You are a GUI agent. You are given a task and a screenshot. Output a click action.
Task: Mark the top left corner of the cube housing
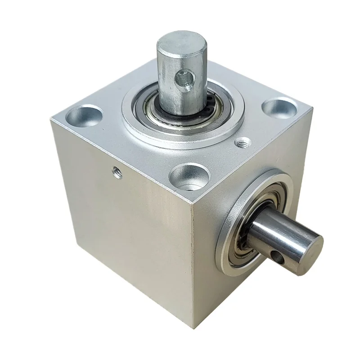click(x=49, y=118)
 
